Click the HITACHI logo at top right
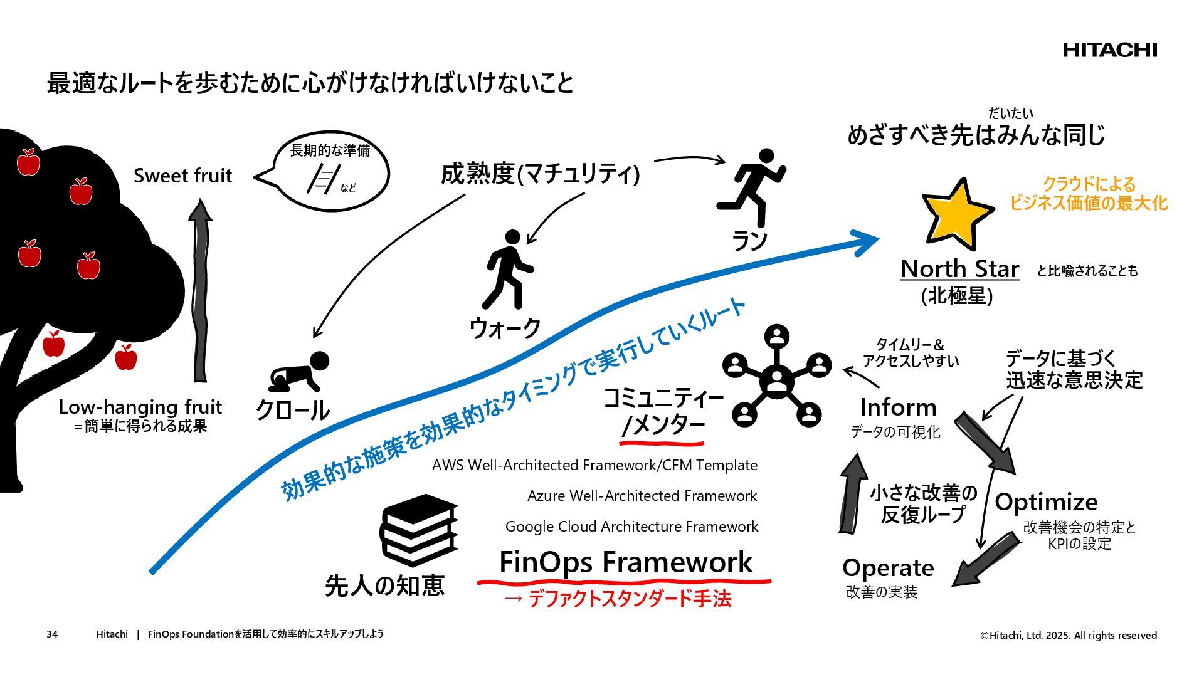1109,50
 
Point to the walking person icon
509,270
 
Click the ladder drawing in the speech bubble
323,179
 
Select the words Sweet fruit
182,176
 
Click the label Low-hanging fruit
140,407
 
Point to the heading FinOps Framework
625,562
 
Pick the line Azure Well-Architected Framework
642,496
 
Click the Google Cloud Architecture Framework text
631,527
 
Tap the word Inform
898,407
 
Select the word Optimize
1046,502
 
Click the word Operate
888,568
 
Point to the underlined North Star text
959,268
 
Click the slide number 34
52,634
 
